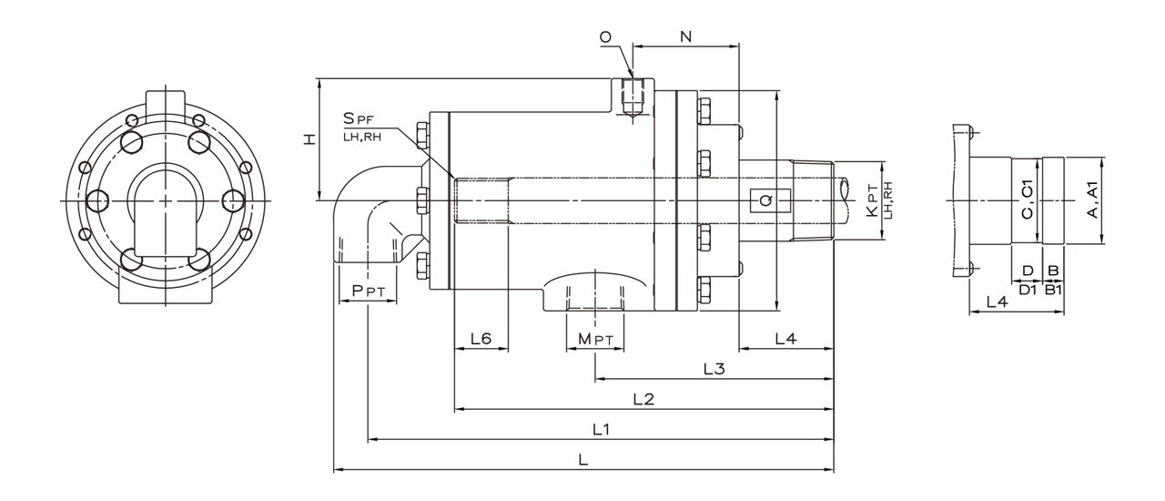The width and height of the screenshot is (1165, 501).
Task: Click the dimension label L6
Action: (x=481, y=339)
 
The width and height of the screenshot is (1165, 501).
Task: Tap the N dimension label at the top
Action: (x=686, y=36)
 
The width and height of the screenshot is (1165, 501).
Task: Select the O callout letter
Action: (x=605, y=37)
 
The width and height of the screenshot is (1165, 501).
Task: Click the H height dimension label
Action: (x=310, y=139)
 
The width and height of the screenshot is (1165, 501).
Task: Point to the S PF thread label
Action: (x=359, y=118)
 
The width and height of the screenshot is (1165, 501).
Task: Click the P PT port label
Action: (x=369, y=291)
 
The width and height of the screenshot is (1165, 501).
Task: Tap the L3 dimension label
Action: (x=714, y=369)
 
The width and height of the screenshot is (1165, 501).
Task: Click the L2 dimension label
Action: (x=643, y=400)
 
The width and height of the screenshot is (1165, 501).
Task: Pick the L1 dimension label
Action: (x=602, y=430)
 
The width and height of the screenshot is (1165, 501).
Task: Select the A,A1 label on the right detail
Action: (x=1093, y=200)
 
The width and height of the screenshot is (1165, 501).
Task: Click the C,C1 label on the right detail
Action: (x=1028, y=200)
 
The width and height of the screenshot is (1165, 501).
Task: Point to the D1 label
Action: (x=1028, y=290)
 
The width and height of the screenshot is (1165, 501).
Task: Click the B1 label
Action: (x=1053, y=290)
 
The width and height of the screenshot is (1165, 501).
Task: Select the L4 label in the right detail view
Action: (x=997, y=302)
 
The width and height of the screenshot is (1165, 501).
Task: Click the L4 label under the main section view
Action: (x=785, y=339)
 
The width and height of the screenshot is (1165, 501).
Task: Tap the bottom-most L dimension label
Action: (x=583, y=460)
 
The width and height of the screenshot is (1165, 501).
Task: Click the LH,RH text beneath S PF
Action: (x=362, y=138)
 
